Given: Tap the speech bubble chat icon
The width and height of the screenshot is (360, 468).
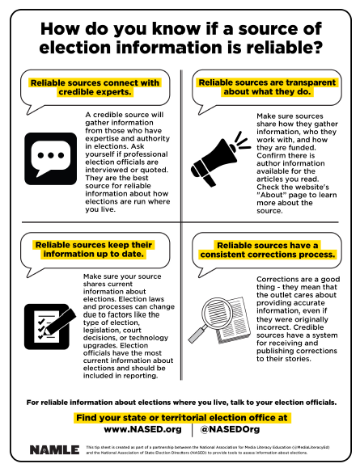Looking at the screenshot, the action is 49,154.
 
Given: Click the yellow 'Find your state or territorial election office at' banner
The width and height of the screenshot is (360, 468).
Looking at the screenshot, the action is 180,417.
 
